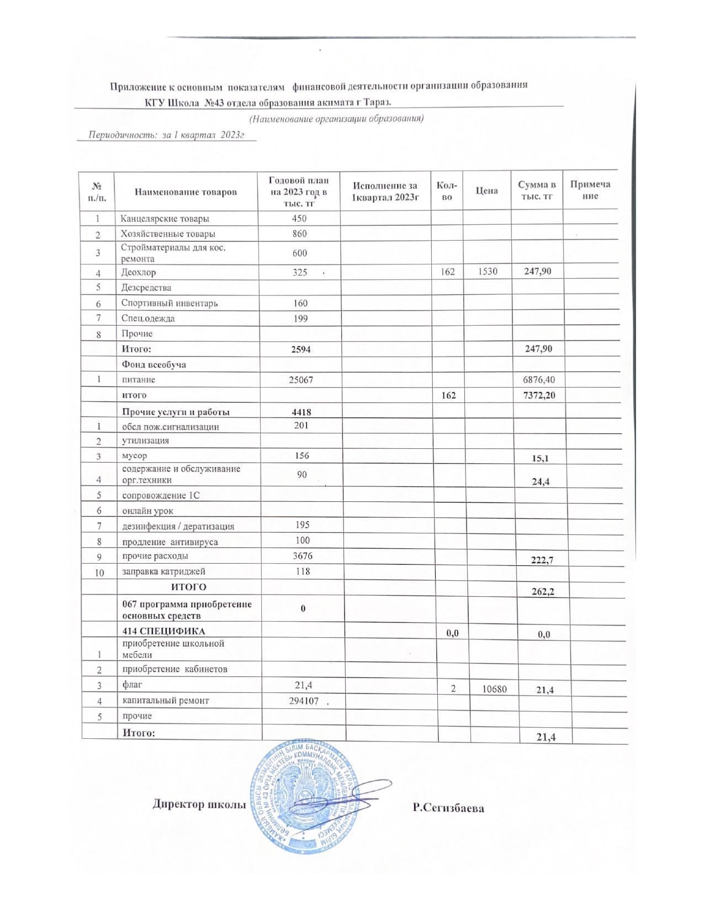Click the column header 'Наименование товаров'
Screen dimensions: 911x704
coord(186,192)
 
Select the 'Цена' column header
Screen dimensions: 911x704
coord(486,190)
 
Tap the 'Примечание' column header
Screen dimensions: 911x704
coord(590,190)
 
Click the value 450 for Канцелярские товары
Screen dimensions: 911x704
coord(299,218)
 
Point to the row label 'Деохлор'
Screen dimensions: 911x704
coord(139,272)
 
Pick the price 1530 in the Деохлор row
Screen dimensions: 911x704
coord(486,272)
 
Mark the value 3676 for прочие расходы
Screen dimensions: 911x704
coord(302,556)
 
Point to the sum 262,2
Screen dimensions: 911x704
coord(542,591)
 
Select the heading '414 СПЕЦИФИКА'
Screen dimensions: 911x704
coord(163,631)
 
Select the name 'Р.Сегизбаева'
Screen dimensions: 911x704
coord(448,808)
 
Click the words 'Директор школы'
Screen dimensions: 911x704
coord(199,804)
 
